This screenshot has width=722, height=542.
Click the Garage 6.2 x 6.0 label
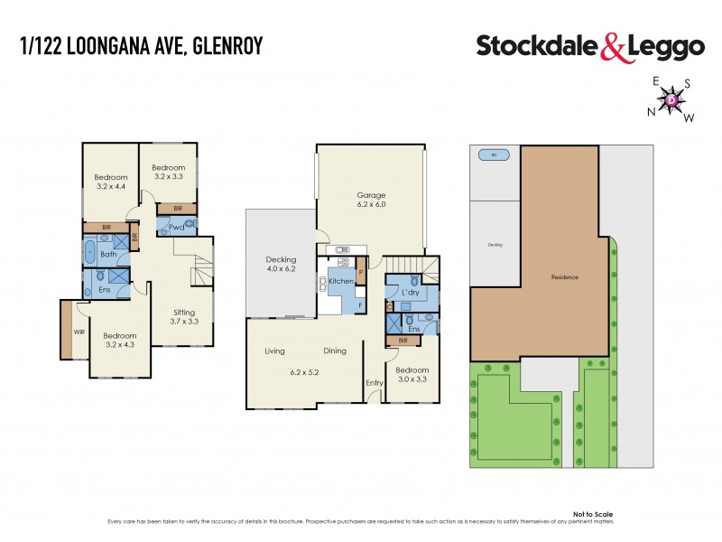pyautogui.click(x=370, y=200)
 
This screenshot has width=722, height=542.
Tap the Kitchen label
pyautogui.click(x=340, y=282)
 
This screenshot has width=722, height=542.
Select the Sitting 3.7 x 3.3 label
pyautogui.click(x=184, y=316)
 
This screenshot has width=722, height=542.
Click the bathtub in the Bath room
pyautogui.click(x=90, y=253)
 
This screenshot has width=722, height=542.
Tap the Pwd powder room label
pyautogui.click(x=176, y=228)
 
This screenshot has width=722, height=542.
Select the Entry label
pyautogui.click(x=374, y=383)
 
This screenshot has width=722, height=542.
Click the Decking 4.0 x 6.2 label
pyautogui.click(x=281, y=264)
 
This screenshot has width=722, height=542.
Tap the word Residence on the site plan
pyautogui.click(x=564, y=277)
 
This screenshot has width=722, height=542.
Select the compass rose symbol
pyautogui.click(x=673, y=99)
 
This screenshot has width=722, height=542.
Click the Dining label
pyautogui.click(x=334, y=350)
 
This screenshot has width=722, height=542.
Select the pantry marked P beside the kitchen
pyautogui.click(x=360, y=272)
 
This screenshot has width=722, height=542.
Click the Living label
pyautogui.click(x=275, y=350)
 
